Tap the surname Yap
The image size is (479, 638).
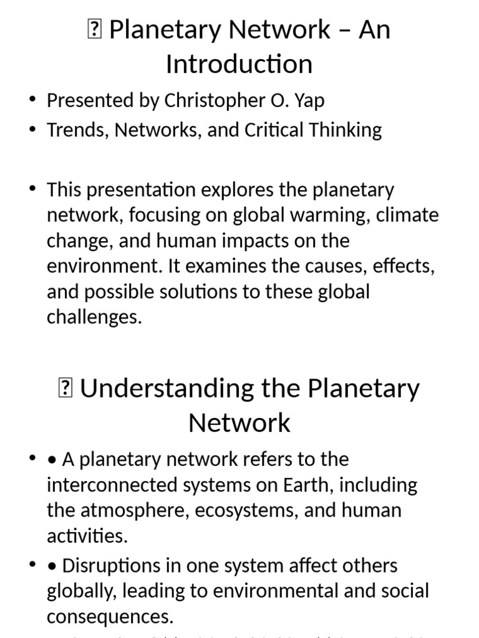pyautogui.click(x=307, y=101)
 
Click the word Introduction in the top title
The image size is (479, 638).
pyautogui.click(x=239, y=64)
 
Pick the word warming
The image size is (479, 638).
pyautogui.click(x=317, y=216)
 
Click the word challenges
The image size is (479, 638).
pyautogui.click(x=94, y=317)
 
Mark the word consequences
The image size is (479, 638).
pyautogui.click(x=110, y=617)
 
